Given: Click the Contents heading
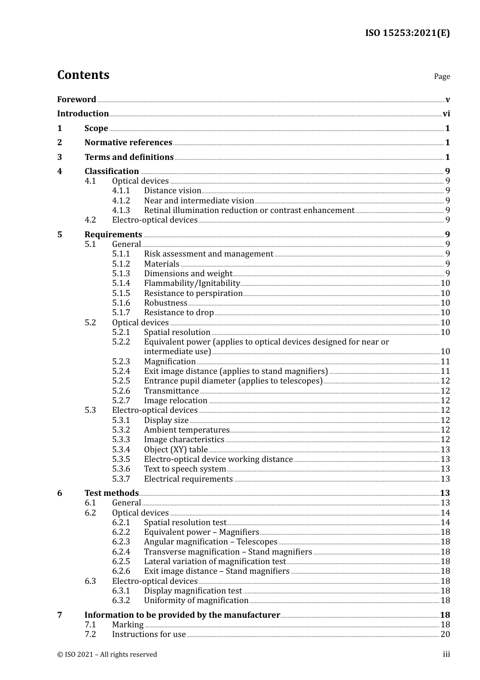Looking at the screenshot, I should pyautogui.click(x=83, y=75).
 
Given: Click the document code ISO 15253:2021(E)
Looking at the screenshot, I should pyautogui.click(x=407, y=33).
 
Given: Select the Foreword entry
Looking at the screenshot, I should pyautogui.click(x=76, y=100).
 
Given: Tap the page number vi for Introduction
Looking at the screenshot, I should pyautogui.click(x=446, y=114).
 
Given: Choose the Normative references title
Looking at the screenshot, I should pyautogui.click(x=128, y=143).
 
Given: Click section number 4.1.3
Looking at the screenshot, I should pyautogui.click(x=121, y=210).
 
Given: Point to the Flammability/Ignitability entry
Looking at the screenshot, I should pyautogui.click(x=191, y=283).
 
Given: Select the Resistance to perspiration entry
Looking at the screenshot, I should pyautogui.click(x=193, y=293).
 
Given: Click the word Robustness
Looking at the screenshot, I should pyautogui.click(x=165, y=303).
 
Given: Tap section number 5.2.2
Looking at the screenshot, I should pyautogui.click(x=121, y=342).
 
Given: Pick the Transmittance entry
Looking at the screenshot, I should pyautogui.click(x=171, y=391).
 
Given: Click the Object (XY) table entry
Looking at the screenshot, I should pyautogui.click(x=176, y=450).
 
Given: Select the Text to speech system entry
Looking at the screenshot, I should pyautogui.click(x=185, y=469).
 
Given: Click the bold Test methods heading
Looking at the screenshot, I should pyautogui.click(x=111, y=493).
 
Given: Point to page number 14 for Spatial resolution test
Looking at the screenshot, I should pyautogui.click(x=445, y=523).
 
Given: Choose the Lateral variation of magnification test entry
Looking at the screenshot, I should pyautogui.click(x=215, y=562).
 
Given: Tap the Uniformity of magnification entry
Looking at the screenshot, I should pyautogui.click(x=196, y=601).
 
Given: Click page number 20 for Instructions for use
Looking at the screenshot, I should pyautogui.click(x=445, y=634).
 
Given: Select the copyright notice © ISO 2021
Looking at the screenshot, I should pyautogui.click(x=107, y=655).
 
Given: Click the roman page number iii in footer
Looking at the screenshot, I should pyautogui.click(x=446, y=654).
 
